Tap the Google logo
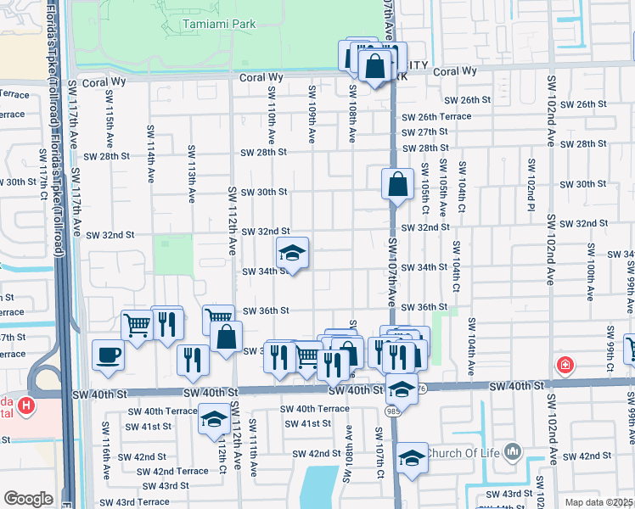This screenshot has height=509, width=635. [28, 499]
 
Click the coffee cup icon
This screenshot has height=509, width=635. [109, 355]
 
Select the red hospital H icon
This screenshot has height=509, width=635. [28, 407]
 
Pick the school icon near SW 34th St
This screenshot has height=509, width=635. [292, 253]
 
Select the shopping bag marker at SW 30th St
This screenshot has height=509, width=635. [397, 183]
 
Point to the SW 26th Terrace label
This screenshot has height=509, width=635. [436, 116]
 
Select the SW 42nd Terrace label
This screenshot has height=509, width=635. [171, 471]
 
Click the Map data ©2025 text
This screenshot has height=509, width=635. [599, 502]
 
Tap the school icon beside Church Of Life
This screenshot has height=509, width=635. [413, 457]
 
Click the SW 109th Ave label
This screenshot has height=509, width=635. [312, 113]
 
